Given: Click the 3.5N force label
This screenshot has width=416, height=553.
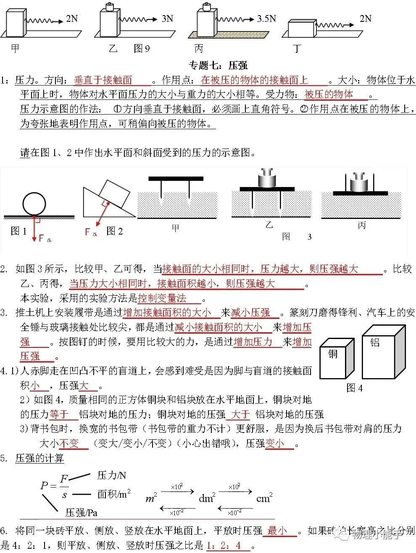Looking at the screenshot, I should coord(266,19).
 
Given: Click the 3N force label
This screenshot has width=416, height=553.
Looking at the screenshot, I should coord(167,18).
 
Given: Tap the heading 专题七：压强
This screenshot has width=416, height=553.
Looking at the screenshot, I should coord(219,65).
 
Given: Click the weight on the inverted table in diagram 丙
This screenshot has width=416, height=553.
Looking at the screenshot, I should coord(361,181).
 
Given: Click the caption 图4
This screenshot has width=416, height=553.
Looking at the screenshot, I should coord(354,388).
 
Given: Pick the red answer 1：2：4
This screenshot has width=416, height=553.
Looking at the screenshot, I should coord(224,545).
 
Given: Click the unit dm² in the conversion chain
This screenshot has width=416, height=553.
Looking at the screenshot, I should coord(207,498).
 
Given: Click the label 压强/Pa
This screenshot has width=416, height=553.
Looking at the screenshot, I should coord(82,512).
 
